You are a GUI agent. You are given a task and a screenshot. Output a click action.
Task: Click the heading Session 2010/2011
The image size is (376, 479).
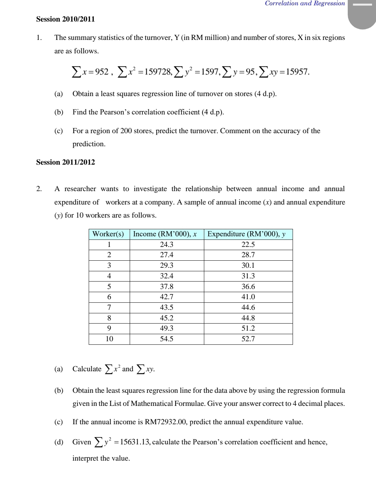(x=65, y=19)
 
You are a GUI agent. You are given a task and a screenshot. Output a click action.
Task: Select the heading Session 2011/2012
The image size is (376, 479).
(x=65, y=162)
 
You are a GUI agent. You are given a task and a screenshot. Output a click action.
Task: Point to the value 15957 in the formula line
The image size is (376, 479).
(x=297, y=72)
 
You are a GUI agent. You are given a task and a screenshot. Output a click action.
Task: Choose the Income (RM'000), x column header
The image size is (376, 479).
(x=165, y=234)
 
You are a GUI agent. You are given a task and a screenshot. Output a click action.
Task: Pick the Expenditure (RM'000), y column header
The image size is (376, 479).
(x=246, y=234)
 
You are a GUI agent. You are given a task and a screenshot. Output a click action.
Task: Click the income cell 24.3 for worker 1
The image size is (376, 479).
(x=167, y=244)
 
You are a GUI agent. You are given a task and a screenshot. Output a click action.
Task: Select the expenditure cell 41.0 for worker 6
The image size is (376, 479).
(x=248, y=297)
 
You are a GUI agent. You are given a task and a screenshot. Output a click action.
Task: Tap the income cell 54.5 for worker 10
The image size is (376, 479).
(x=167, y=339)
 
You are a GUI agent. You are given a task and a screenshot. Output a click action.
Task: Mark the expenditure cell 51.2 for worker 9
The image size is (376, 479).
(x=248, y=328)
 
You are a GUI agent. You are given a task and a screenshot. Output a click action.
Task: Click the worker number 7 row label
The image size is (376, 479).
(x=109, y=307)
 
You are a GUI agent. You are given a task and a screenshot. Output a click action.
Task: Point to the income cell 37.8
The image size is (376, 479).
(x=167, y=286)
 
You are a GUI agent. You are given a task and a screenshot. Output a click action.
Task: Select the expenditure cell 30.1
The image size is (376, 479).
(x=248, y=265)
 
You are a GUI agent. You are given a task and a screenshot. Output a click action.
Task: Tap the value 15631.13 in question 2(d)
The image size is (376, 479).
(x=135, y=442)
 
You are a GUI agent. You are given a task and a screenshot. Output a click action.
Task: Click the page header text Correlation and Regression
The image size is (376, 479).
(x=305, y=4)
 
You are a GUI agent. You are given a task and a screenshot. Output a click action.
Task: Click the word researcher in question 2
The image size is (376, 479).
(x=80, y=189)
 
